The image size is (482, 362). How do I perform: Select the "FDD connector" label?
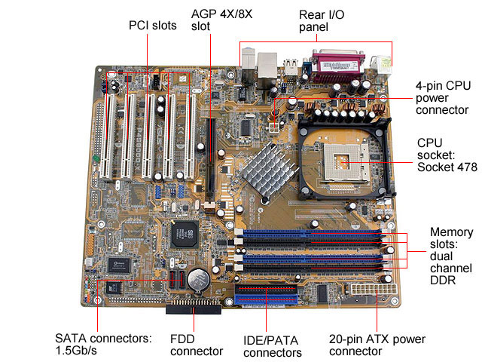(196, 345)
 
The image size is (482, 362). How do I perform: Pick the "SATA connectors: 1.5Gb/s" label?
(103, 345)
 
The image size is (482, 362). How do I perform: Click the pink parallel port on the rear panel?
(338, 66)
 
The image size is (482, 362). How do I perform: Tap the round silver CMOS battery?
(198, 280)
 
